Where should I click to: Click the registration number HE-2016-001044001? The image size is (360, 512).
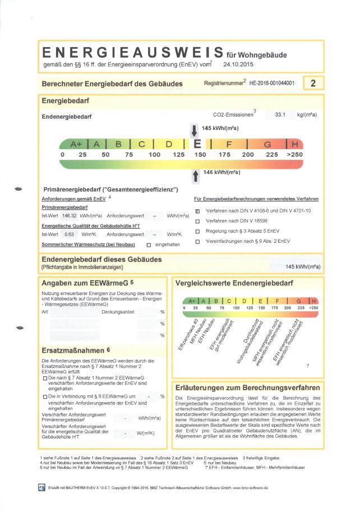pos(271,83)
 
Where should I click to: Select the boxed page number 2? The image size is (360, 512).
pos(313,84)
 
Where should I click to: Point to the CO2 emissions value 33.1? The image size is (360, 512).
pos(280,115)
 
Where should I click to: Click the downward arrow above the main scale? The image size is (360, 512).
pos(193,131)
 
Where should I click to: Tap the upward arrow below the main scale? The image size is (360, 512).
pos(195,176)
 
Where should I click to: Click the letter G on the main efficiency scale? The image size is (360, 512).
pos(267,145)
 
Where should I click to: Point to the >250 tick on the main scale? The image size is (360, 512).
pos(294,154)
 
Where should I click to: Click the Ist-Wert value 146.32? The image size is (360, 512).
pos(70,215)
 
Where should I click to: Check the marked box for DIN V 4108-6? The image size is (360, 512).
pos(197,211)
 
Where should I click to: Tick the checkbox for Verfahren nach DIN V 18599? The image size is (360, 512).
pos(197,221)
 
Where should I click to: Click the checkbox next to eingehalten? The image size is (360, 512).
pos(149,245)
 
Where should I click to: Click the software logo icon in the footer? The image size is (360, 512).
pos(41,488)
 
